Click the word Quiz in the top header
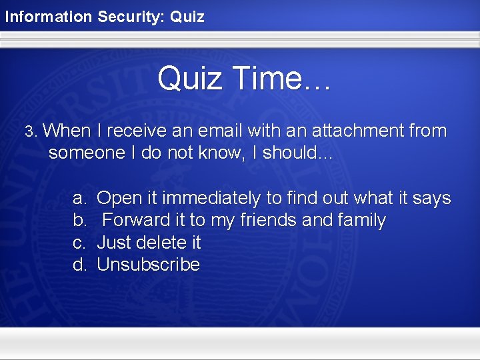pos(187,17)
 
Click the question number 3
pos(29,131)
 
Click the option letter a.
pos(79,199)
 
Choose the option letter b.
pos(79,221)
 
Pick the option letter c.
pos(79,243)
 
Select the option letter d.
pos(79,265)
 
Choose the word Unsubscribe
pos(148,265)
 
